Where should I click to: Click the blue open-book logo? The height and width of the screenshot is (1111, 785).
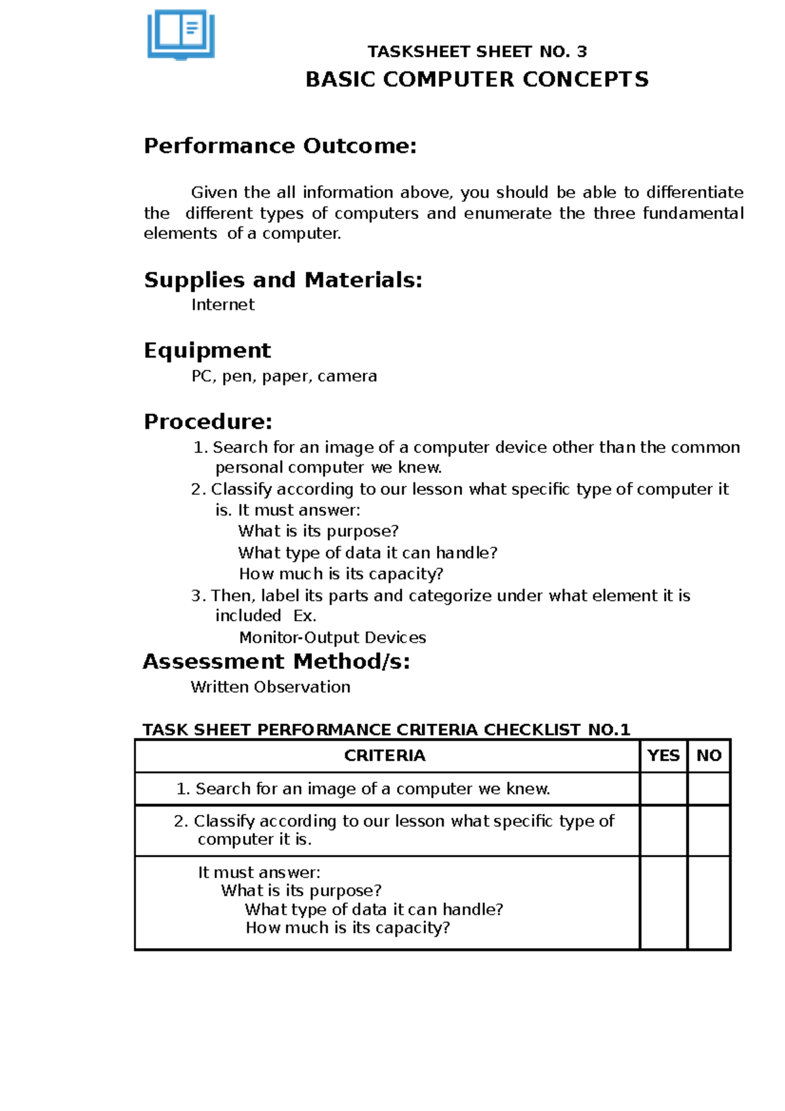[x=181, y=35]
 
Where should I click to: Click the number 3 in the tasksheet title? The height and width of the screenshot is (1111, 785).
[x=582, y=52]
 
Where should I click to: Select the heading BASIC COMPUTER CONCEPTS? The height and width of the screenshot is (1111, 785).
[x=477, y=80]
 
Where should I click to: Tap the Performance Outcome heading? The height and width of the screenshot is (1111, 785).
[x=280, y=146]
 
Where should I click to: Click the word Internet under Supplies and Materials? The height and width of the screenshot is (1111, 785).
[x=222, y=305]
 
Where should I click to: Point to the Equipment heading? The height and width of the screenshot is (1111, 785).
[x=207, y=351]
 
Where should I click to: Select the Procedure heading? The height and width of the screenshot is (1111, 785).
[x=208, y=422]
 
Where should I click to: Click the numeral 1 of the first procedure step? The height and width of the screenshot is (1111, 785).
[x=199, y=448]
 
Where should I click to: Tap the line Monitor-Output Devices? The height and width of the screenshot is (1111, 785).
[x=332, y=638]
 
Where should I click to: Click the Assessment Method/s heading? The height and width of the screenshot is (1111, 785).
[x=276, y=662]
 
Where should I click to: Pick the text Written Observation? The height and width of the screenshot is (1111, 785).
[x=270, y=687]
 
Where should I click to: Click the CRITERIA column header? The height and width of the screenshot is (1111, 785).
[x=385, y=756]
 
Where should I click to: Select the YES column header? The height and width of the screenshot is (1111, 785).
[x=663, y=756]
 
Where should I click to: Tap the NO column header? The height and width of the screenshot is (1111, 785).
[x=708, y=756]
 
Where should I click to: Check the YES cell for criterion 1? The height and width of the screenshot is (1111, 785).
[x=663, y=789]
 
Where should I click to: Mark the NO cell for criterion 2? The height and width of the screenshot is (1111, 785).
[x=708, y=830]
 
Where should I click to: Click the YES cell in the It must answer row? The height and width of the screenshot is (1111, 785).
[x=663, y=902]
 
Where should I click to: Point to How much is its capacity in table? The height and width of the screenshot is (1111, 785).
[x=347, y=928]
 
